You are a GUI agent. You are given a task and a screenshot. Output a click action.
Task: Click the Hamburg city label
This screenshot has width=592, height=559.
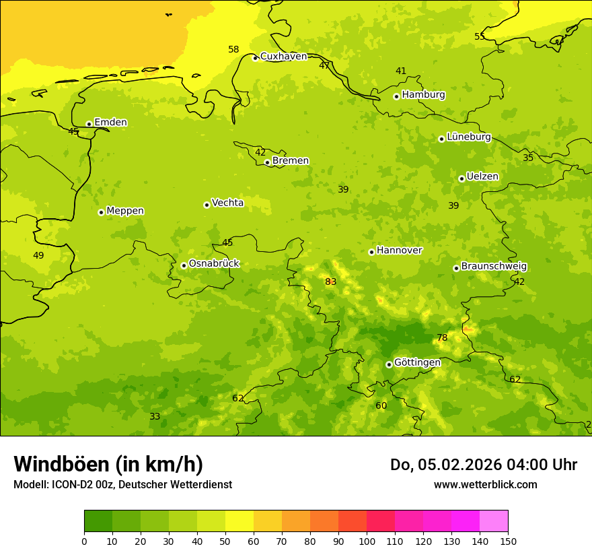(x=423, y=95)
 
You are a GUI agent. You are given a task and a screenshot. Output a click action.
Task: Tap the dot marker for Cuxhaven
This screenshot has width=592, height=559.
(x=255, y=58)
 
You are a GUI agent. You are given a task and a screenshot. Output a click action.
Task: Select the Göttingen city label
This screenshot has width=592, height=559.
(x=417, y=362)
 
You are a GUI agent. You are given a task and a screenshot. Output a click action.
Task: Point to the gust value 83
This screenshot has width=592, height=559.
(x=330, y=282)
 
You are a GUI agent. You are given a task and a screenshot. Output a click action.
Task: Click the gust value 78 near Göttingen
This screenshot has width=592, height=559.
(x=442, y=337)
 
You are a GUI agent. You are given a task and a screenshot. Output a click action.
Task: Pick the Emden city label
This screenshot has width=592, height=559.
(x=110, y=123)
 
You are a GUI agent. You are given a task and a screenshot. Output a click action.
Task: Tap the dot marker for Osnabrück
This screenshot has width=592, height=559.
(x=184, y=265)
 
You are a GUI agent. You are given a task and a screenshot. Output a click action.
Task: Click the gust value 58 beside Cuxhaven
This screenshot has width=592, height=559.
(x=233, y=49)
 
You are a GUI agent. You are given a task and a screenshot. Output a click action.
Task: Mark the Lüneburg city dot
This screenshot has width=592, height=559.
(x=441, y=139)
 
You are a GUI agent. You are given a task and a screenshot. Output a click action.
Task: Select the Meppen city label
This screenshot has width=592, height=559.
(x=125, y=211)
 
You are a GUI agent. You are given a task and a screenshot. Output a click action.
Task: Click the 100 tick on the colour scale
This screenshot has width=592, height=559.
(x=367, y=541)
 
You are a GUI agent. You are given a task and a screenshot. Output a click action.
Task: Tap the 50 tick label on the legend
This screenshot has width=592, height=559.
(x=225, y=541)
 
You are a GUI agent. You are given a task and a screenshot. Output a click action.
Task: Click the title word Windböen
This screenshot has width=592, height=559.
(x=61, y=464)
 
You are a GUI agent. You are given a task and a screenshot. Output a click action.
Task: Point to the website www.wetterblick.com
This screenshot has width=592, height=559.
(x=485, y=484)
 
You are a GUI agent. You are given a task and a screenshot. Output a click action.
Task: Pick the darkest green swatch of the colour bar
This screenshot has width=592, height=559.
(x=98, y=521)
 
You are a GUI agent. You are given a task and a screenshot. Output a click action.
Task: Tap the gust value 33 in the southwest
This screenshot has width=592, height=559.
(x=155, y=416)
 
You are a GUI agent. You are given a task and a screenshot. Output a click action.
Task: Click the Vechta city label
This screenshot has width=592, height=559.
(x=227, y=203)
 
